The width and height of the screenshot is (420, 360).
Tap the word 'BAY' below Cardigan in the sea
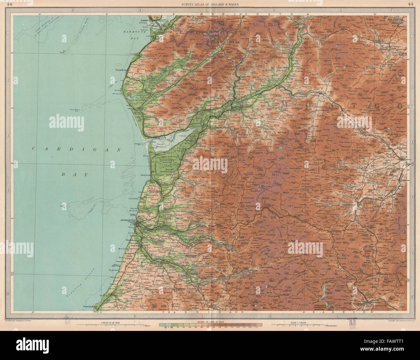(75, 174)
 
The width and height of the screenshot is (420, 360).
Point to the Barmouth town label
(147, 20)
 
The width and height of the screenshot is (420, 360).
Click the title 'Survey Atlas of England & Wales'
(210, 4)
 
